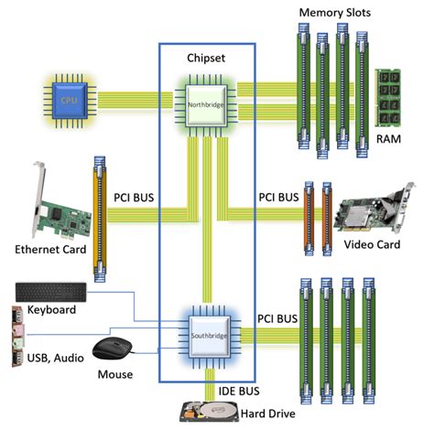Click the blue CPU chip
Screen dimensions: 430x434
click(68, 98)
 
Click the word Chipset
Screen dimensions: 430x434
click(208, 57)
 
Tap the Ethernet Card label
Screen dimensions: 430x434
click(51, 249)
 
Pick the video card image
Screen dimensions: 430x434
click(374, 208)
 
